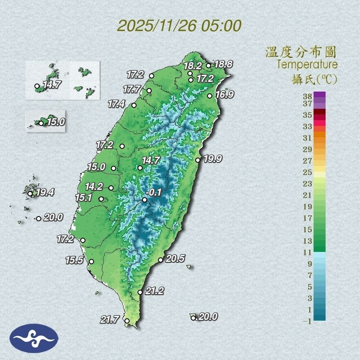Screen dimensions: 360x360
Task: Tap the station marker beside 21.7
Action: tap(127, 321)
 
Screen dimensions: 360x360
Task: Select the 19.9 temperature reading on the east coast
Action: tap(213, 159)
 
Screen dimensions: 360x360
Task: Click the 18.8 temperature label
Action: tap(223, 64)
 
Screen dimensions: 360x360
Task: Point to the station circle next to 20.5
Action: tap(161, 260)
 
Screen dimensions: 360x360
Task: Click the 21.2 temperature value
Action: tap(154, 291)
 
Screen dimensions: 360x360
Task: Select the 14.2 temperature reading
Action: tap(94, 187)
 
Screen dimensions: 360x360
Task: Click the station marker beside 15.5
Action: tap(91, 261)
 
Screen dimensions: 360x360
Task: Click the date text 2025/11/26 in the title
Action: tap(157, 26)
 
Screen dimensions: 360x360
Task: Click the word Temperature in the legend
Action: tap(307, 65)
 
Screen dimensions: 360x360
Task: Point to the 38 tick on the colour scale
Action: tap(308, 96)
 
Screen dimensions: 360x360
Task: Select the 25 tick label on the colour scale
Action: tap(308, 172)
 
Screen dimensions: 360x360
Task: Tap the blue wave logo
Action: tap(34, 338)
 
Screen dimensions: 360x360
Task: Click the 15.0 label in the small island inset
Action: tap(56, 122)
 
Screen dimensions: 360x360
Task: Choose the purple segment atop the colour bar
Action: tap(320, 95)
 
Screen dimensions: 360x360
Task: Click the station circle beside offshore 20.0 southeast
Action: tap(193, 318)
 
